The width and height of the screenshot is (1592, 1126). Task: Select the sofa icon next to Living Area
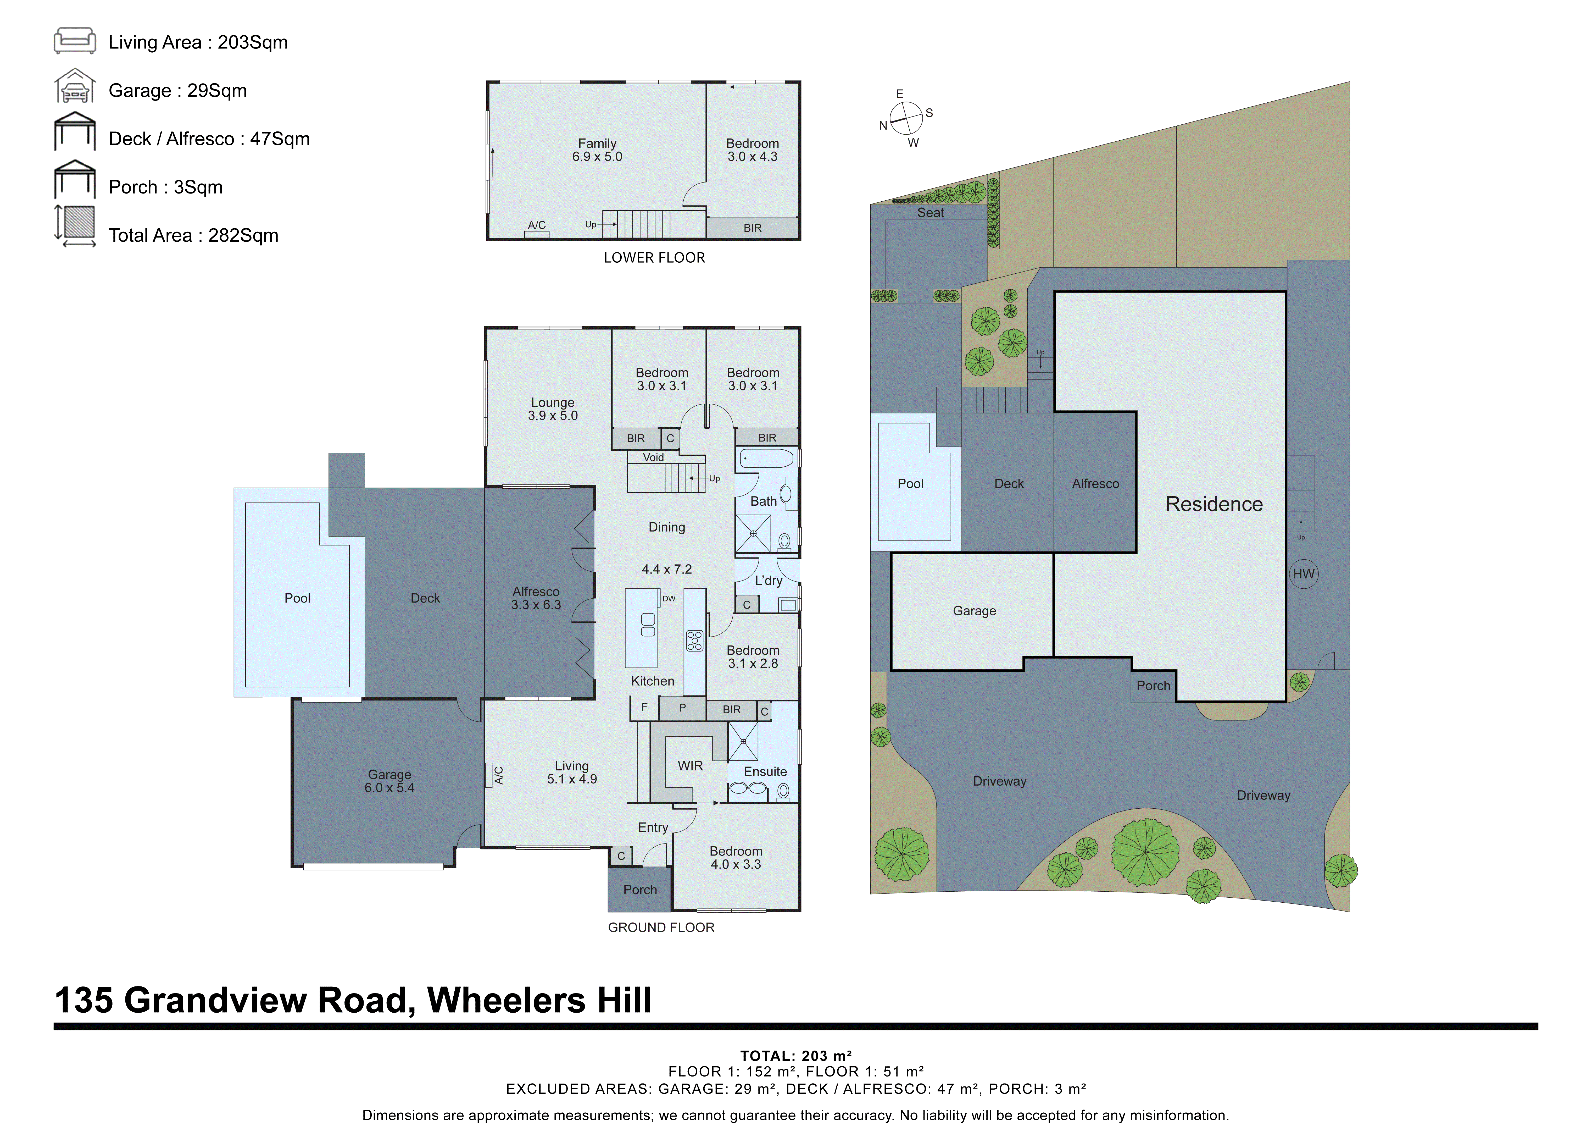[x=75, y=41]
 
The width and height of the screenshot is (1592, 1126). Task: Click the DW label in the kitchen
[x=669, y=598]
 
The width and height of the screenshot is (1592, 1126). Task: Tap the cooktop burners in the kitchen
[x=694, y=640]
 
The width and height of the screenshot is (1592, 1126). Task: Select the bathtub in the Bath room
[x=766, y=459]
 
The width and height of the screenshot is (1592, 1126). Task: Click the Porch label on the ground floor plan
[x=639, y=890]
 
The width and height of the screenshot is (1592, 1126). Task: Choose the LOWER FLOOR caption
[x=654, y=257]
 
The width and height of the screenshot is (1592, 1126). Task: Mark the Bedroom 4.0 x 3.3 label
[x=736, y=858]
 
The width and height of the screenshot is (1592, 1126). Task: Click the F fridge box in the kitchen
[x=644, y=707]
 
